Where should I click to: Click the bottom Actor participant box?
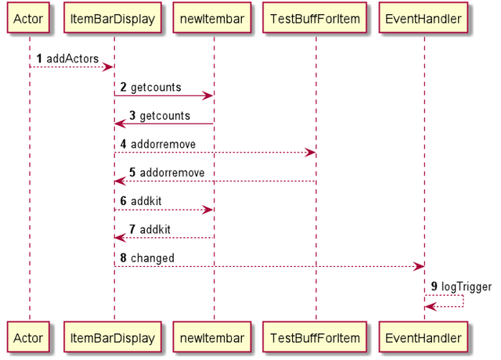click(29, 338)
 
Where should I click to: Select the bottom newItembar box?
click(213, 338)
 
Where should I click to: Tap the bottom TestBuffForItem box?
click(315, 338)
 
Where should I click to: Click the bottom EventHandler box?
click(424, 338)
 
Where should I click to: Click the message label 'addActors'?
click(72, 59)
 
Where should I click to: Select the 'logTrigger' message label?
click(467, 287)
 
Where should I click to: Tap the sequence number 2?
click(124, 87)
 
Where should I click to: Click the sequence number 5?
click(133, 173)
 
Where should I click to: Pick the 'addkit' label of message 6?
click(146, 201)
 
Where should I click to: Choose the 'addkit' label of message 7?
click(156, 229)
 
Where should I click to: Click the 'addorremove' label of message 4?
click(163, 144)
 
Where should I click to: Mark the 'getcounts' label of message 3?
click(165, 116)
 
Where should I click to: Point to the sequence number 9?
click(434, 287)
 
